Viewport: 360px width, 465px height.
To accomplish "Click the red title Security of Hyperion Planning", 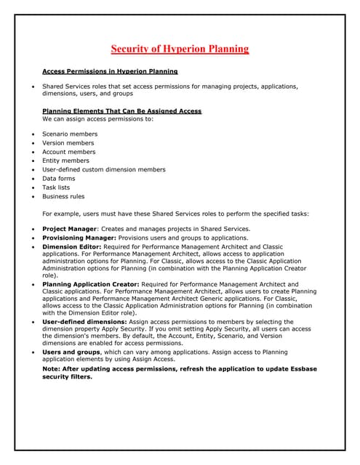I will point(180,49).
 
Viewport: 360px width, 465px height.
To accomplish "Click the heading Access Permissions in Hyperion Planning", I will point(110,72).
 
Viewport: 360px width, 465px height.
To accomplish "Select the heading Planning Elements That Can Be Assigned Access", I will point(121,110).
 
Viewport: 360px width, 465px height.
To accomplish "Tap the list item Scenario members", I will point(70,134).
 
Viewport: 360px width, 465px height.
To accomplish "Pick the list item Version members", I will point(68,143).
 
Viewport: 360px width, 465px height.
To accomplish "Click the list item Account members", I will point(69,152).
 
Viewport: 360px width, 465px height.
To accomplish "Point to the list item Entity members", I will point(66,161).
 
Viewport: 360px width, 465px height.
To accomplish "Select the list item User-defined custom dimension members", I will point(104,169).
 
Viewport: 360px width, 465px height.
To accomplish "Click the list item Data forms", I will point(59,178).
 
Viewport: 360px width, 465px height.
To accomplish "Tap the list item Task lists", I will point(57,187).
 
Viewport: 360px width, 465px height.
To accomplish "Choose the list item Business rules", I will point(63,196).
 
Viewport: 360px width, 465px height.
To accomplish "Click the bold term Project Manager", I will point(70,229).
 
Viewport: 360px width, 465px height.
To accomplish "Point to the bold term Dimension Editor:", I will point(71,247).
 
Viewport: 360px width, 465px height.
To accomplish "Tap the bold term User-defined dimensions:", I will point(84,321).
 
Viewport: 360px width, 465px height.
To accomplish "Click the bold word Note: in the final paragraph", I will point(52,370).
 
